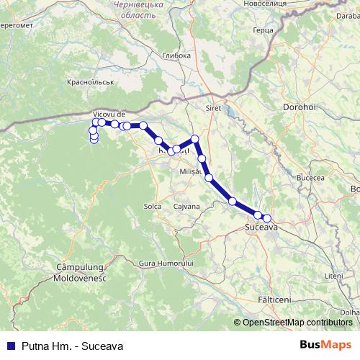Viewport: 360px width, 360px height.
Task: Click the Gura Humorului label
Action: pyautogui.click(x=167, y=264)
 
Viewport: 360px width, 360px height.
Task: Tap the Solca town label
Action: pyautogui.click(x=152, y=206)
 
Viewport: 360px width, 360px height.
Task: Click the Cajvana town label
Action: pyautogui.click(x=186, y=206)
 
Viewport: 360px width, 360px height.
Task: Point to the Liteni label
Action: pyautogui.click(x=334, y=276)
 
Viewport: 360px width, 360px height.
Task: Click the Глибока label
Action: pyautogui.click(x=176, y=55)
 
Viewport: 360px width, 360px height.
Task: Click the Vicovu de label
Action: pyautogui.click(x=109, y=114)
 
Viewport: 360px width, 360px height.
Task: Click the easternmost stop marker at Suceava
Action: pyautogui.click(x=267, y=218)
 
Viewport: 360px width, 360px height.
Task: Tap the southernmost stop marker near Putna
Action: pyautogui.click(x=94, y=140)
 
